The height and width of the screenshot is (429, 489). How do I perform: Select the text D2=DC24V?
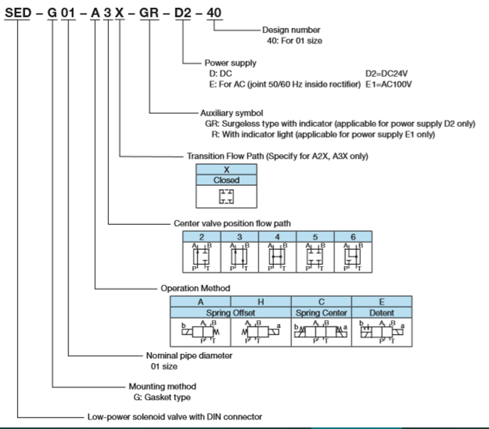pyautogui.click(x=386, y=73)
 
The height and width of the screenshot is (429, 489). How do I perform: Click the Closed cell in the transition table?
pyautogui.click(x=226, y=180)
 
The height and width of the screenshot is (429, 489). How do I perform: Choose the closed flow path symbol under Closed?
pyautogui.click(x=226, y=196)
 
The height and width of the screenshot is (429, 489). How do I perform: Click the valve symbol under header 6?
pyautogui.click(x=353, y=257)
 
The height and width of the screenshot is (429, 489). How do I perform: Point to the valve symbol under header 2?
pyautogui.click(x=202, y=257)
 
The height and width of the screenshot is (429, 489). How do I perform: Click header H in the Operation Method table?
pyautogui.click(x=261, y=302)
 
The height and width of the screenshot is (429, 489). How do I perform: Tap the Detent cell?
pyautogui.click(x=382, y=313)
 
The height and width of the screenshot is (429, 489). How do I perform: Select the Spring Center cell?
pyautogui.click(x=321, y=313)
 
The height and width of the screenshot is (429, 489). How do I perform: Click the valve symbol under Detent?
pyautogui.click(x=382, y=331)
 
